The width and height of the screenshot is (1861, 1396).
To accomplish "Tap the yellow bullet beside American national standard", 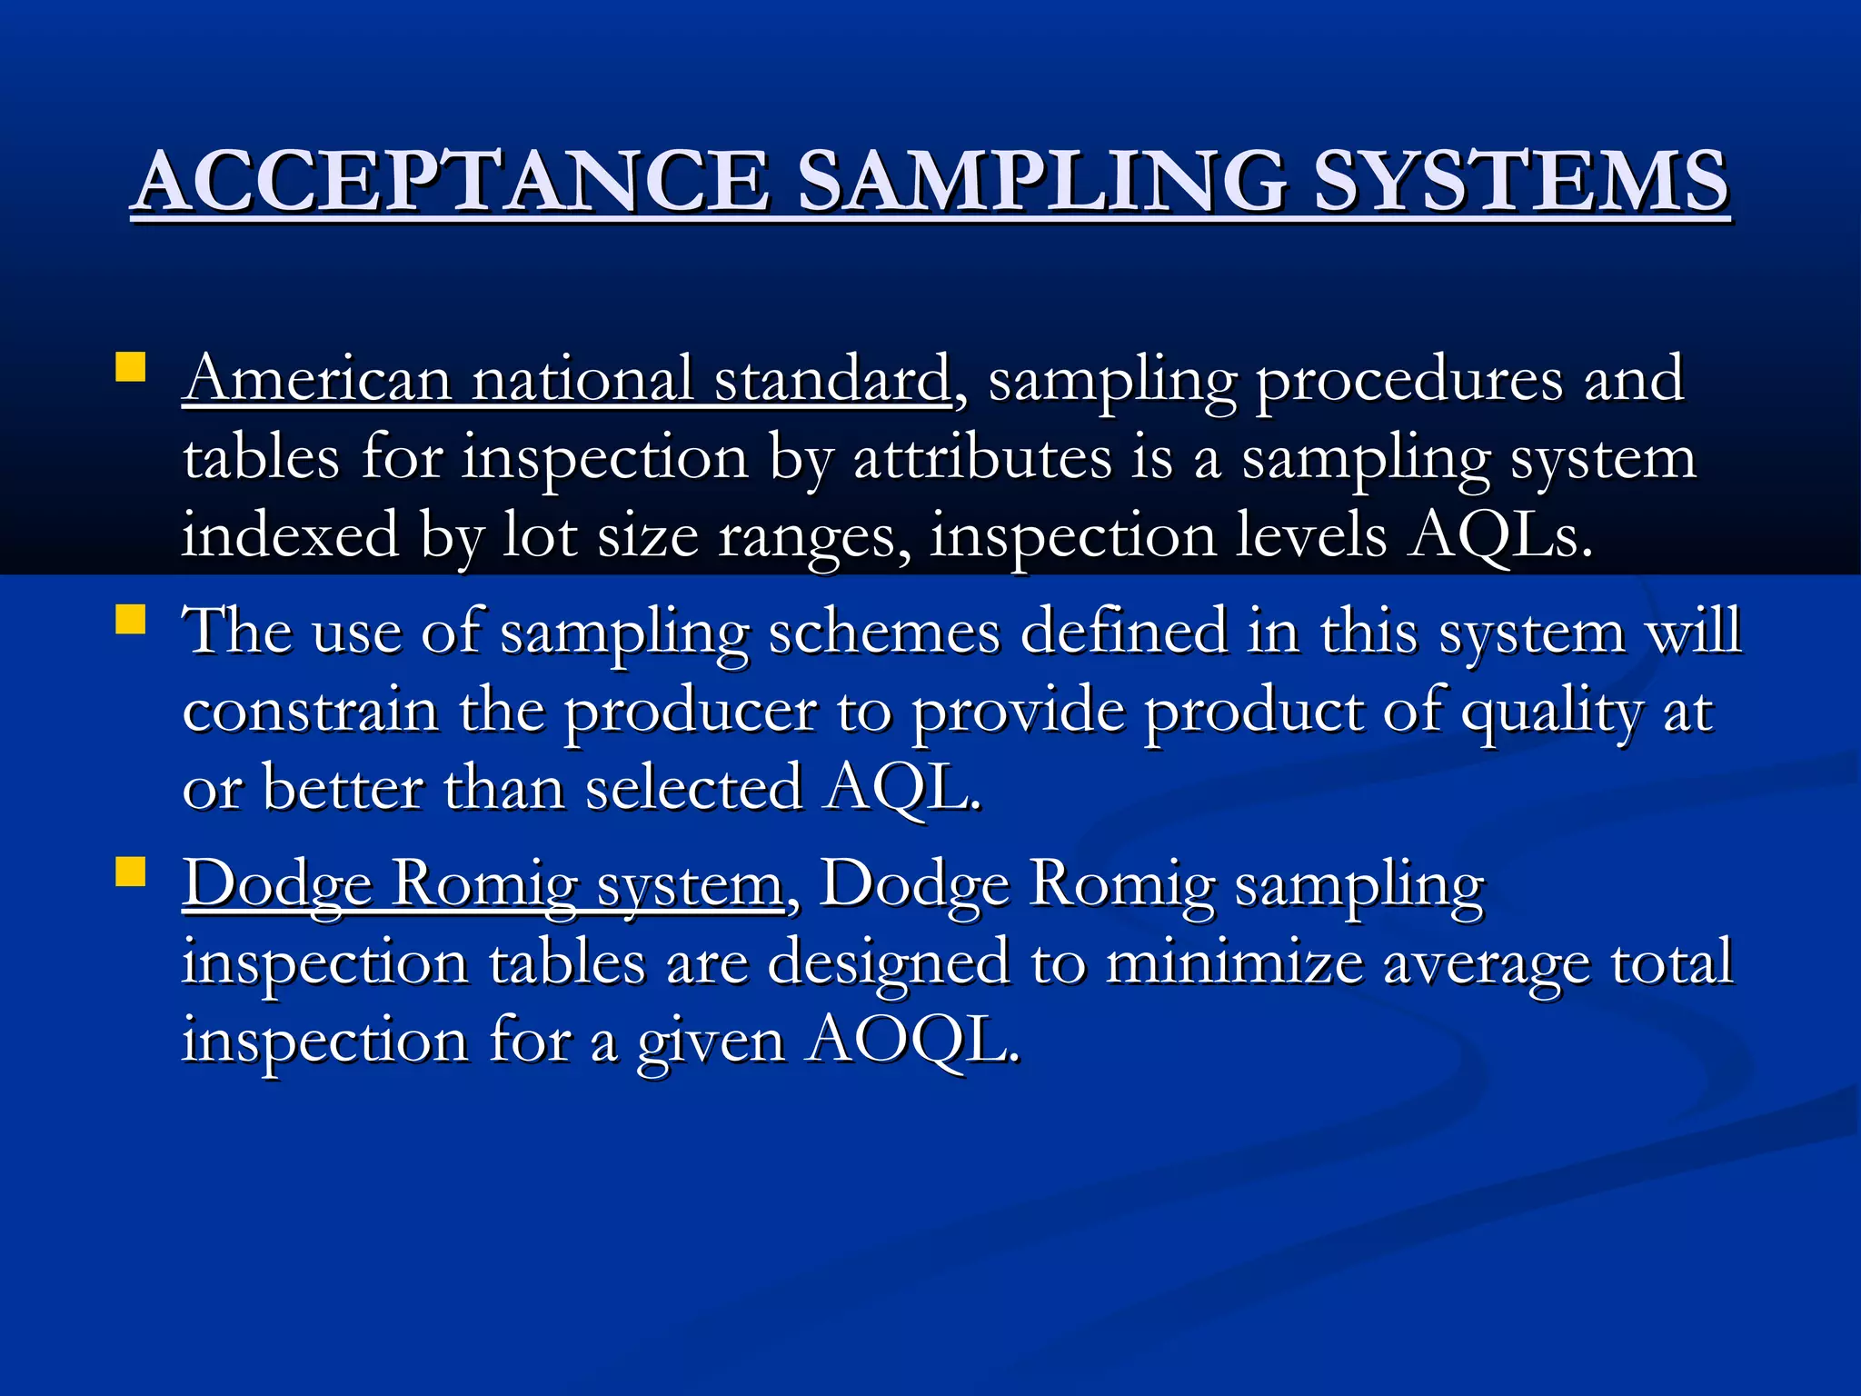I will [131, 368].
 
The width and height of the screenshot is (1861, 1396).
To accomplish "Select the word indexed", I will [290, 534].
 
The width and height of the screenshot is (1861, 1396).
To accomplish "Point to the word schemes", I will [884, 632].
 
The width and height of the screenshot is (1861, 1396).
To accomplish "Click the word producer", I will [690, 712].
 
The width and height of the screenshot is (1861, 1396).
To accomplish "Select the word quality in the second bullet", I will [1551, 712].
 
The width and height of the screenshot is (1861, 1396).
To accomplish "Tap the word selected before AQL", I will [693, 787].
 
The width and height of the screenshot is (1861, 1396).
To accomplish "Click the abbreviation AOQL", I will [913, 1040].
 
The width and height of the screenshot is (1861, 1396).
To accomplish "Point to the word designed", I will [888, 962].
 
